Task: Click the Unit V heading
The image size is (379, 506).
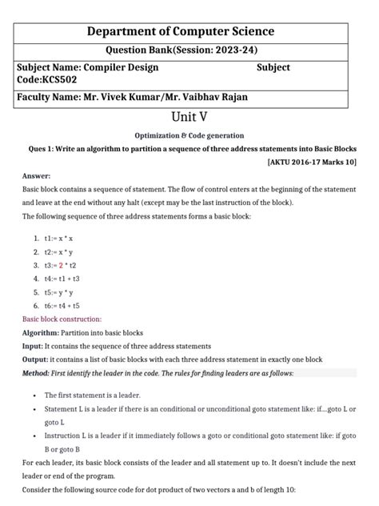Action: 189,118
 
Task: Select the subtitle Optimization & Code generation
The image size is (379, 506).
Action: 189,135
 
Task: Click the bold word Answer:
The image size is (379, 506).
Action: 37,175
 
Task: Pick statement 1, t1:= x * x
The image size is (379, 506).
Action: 58,239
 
